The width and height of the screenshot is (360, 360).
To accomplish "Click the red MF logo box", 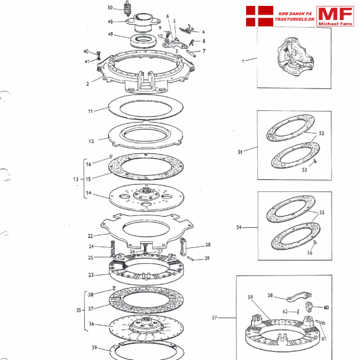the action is tap(335, 16).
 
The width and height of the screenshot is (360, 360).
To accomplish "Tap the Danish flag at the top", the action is tap(260, 16).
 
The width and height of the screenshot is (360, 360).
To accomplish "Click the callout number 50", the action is tap(110, 8).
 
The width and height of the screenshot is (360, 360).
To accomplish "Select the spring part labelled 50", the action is tap(127, 8).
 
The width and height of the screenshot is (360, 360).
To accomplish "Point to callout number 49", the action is tap(110, 34).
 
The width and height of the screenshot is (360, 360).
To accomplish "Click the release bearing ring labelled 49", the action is tap(143, 41).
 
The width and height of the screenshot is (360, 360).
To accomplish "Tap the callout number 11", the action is tap(90, 112).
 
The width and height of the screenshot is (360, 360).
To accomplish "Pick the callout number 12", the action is tap(91, 141).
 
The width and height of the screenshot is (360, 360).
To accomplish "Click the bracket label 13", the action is tap(76, 179).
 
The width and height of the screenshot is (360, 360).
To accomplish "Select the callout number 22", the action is tap(90, 236).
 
